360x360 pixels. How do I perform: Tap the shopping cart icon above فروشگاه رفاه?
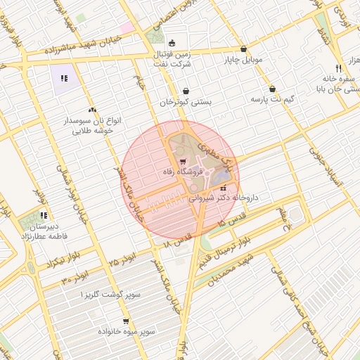tap(184, 161)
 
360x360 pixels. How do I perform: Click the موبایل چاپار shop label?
tap(243, 60)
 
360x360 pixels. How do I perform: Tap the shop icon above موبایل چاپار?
tap(243, 49)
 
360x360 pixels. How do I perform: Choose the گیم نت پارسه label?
tap(272, 99)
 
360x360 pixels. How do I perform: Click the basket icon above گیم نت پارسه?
tap(272, 89)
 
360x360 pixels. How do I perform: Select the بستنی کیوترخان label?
tap(185, 101)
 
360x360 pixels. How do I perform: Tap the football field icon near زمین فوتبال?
tap(173, 43)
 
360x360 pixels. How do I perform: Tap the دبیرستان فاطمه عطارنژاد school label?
tap(44, 232)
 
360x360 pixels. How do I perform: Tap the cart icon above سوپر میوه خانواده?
tap(126, 321)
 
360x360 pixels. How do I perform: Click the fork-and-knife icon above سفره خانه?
tap(338, 68)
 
